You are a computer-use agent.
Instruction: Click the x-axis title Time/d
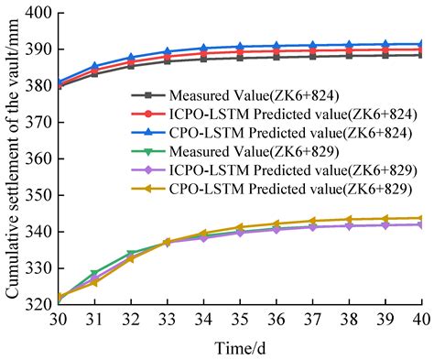pyautogui.click(x=240, y=343)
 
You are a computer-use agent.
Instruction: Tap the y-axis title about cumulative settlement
pyautogui.click(x=12, y=157)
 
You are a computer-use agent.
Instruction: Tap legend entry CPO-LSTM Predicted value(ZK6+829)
pyautogui.click(x=275, y=190)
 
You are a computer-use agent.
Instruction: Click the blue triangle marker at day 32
pyautogui.click(x=132, y=58)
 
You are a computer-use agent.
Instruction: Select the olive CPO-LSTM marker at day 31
pyautogui.click(x=96, y=282)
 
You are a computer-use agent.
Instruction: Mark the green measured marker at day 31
pyautogui.click(x=96, y=274)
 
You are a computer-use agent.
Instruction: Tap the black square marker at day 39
pyautogui.click(x=385, y=55)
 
